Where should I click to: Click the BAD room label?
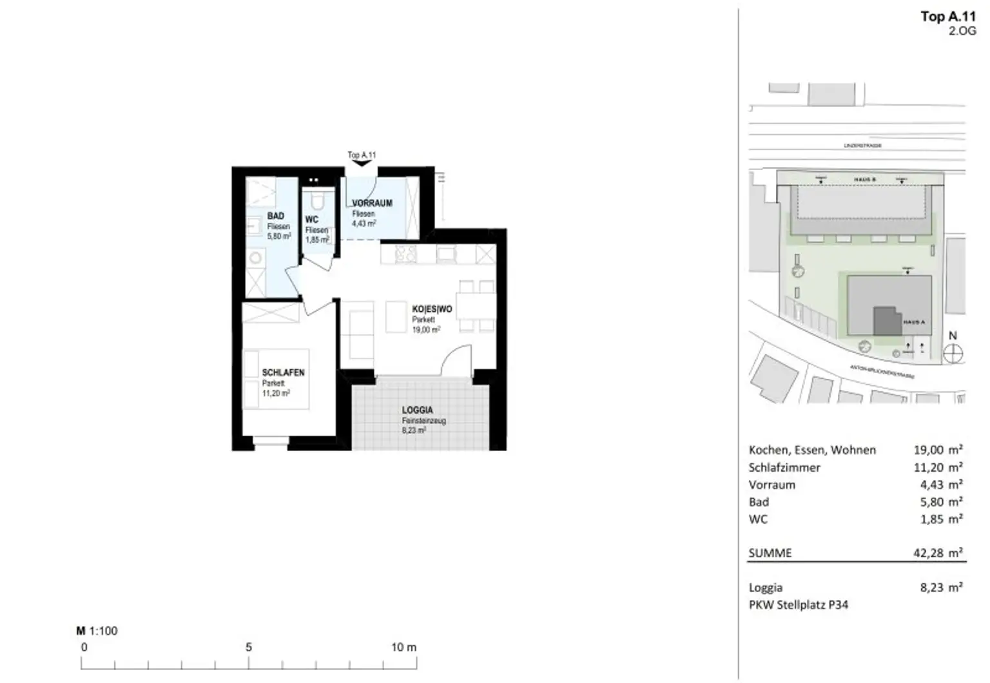coord(276,216)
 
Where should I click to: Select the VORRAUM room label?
coord(372,203)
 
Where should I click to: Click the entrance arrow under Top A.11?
coord(362,164)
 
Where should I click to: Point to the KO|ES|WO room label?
coord(432,309)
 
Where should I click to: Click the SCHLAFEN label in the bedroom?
coord(283,372)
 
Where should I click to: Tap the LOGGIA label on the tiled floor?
coord(417,410)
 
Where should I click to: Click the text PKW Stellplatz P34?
coord(798,604)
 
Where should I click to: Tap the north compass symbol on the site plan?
coord(953,353)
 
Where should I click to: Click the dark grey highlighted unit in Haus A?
coord(887,320)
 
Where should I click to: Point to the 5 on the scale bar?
coord(249,647)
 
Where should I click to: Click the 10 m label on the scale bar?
coord(404,647)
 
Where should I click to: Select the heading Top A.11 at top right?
coord(947,17)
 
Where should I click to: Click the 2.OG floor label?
coord(962,31)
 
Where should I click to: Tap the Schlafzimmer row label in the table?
coord(784,467)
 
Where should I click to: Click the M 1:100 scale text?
coord(97,631)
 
